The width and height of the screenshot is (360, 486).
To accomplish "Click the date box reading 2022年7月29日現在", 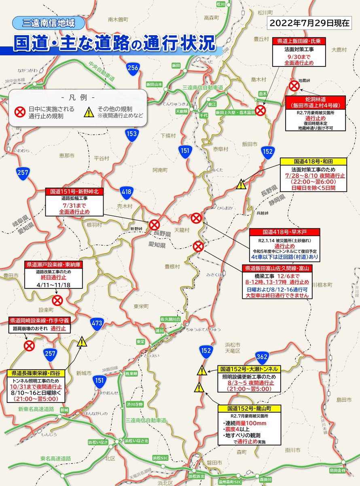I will (x=313, y=22).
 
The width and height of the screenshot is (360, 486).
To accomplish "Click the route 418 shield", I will (x=126, y=191).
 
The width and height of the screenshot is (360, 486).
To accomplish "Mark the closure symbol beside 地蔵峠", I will (x=294, y=86).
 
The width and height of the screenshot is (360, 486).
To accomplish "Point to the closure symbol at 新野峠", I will (x=155, y=225).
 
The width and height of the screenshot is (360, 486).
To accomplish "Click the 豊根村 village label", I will (x=172, y=266).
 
